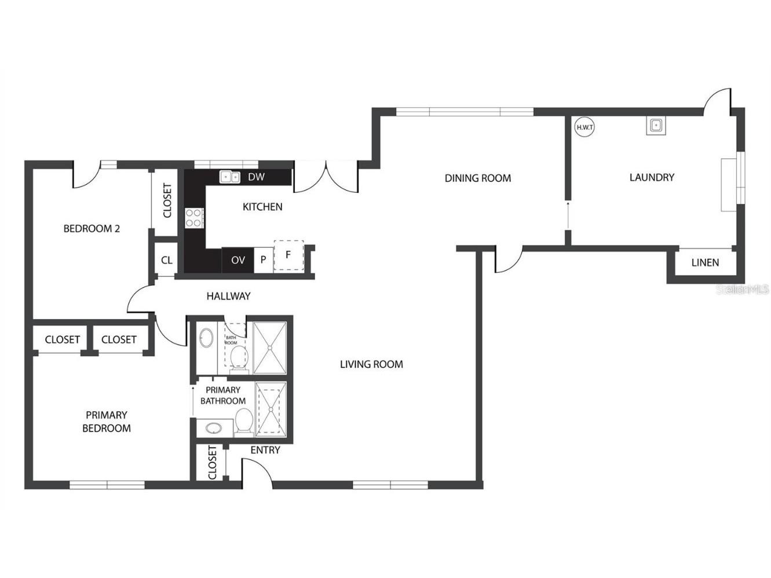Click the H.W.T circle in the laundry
point(584,127)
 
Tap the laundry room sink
point(656,125)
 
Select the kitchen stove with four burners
point(194,218)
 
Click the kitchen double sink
point(230,177)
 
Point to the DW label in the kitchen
point(256,177)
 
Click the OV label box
point(238,260)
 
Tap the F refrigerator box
point(288,255)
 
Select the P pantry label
point(263,260)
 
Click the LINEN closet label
point(705,262)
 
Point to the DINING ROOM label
point(478,178)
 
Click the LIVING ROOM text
point(371,364)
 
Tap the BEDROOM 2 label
point(92,229)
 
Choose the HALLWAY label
point(229,297)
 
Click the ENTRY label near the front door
point(265,450)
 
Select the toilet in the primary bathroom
point(244,421)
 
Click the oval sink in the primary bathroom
point(213,429)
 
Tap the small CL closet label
point(167,261)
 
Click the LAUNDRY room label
point(652,177)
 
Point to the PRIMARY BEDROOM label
point(107,422)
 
